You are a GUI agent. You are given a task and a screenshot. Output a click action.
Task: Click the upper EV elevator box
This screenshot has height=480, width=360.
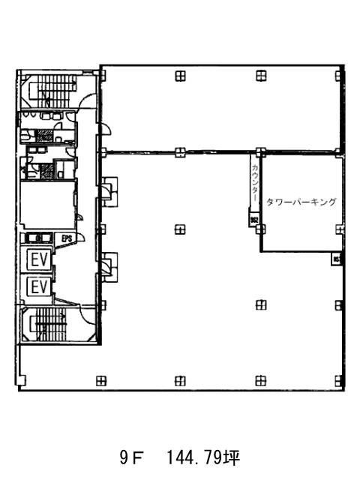(39, 259)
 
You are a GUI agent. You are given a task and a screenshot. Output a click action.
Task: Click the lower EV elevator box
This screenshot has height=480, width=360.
(39, 286)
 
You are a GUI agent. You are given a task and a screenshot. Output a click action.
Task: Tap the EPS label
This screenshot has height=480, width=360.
(67, 239)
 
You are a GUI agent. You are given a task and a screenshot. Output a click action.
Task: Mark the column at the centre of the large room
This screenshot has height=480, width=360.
(180, 229)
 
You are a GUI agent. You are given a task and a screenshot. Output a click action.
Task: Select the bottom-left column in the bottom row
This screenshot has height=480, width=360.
(102, 380)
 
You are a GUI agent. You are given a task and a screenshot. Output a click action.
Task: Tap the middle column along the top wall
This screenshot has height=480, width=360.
(180, 74)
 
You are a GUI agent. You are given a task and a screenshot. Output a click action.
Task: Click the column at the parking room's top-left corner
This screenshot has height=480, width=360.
(259, 152)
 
